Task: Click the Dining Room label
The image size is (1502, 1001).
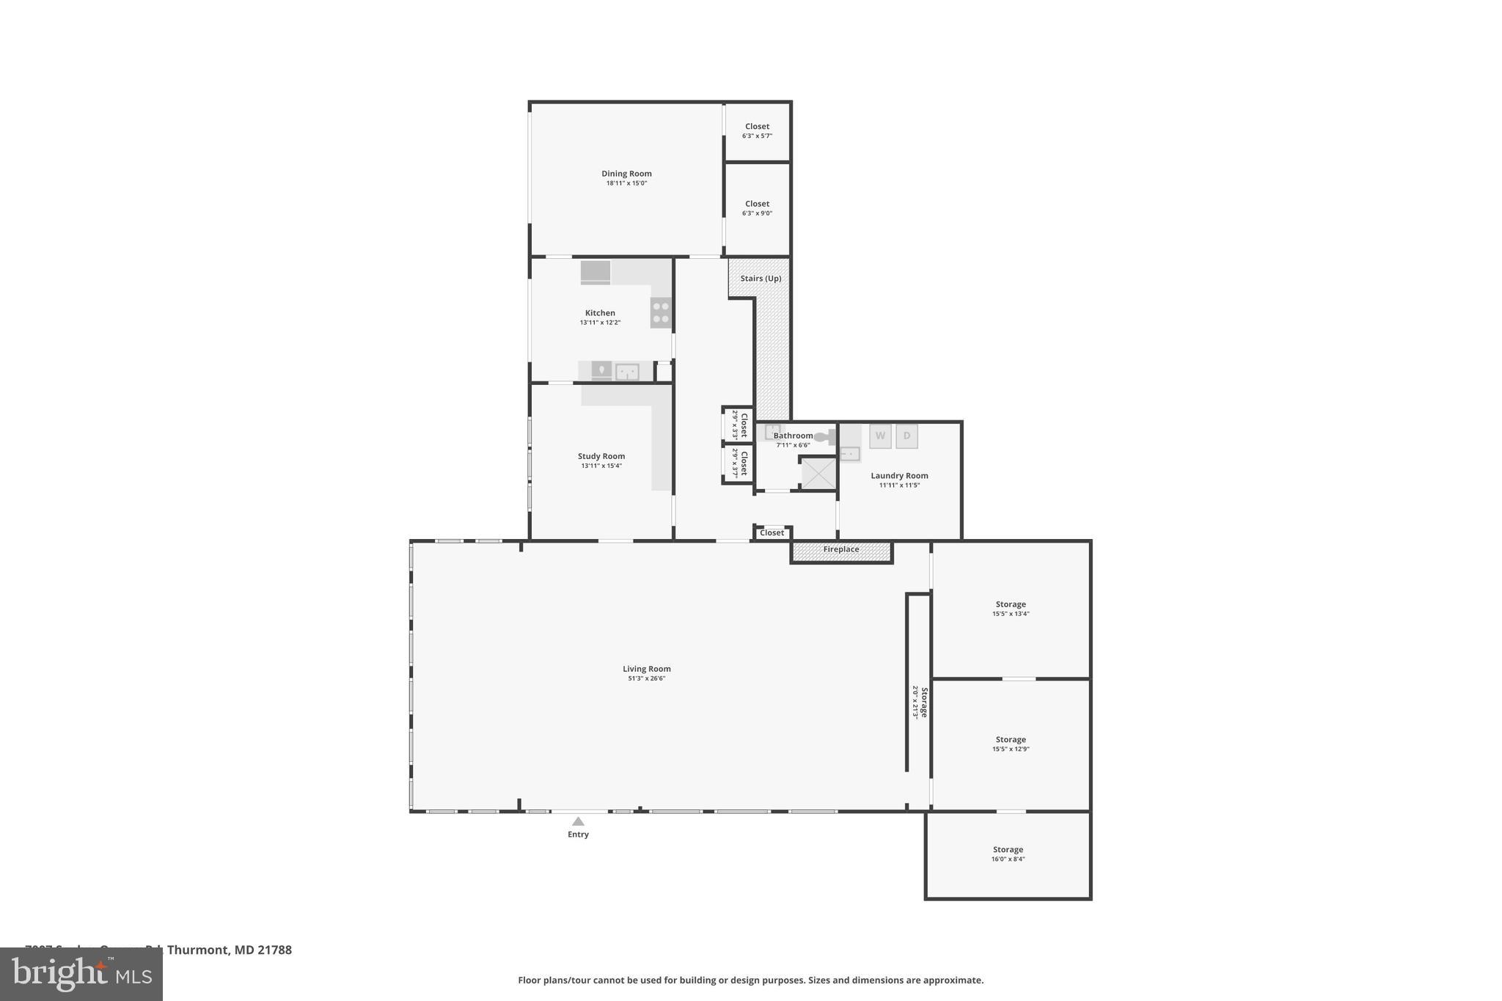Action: (626, 174)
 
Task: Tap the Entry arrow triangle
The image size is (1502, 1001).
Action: (578, 821)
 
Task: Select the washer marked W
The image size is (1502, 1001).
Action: (880, 436)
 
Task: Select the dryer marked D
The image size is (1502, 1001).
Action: (906, 436)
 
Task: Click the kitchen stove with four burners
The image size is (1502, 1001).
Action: (661, 312)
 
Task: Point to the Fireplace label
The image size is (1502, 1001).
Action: (840, 549)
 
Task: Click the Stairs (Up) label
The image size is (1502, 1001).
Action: (761, 279)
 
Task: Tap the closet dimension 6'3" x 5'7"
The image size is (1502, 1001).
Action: (757, 136)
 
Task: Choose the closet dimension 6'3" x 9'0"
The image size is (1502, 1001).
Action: (757, 213)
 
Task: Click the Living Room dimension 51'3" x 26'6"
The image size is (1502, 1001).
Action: (646, 678)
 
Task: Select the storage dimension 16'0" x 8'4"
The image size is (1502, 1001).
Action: (1008, 859)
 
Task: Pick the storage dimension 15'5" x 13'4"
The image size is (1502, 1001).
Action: (1011, 614)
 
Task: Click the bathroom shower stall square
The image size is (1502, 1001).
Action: (818, 473)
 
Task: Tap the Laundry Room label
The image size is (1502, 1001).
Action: (899, 476)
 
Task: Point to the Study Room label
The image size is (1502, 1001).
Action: (601, 456)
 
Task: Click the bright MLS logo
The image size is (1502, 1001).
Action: (81, 974)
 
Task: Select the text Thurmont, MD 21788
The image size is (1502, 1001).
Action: (229, 950)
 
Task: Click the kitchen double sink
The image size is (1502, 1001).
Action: (626, 372)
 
